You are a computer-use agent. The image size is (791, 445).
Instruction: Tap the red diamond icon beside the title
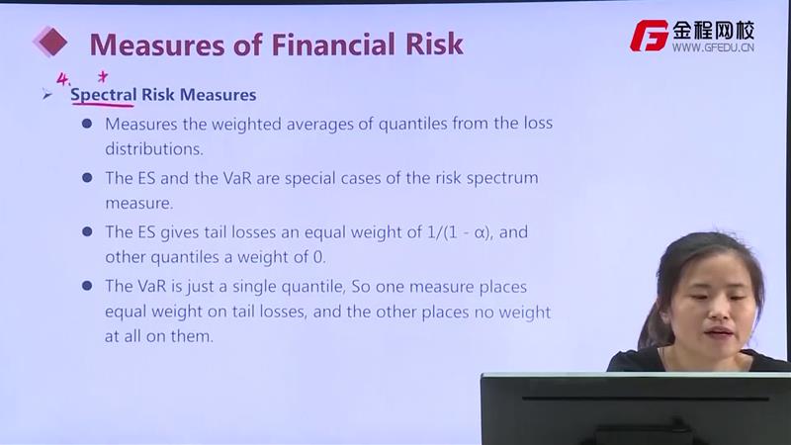pos(50,42)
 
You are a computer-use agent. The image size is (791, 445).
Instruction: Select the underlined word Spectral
pos(104,95)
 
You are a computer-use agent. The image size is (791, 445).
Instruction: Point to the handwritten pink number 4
pos(62,79)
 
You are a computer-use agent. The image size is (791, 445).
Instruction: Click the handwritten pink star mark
pos(103,76)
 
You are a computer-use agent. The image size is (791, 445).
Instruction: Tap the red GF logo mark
pos(649,36)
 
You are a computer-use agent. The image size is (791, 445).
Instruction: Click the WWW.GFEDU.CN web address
pos(713,47)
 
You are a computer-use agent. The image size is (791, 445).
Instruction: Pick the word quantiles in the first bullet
pos(412,124)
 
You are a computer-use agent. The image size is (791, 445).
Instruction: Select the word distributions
pos(154,149)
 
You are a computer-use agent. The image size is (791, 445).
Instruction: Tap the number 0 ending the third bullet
pos(318,257)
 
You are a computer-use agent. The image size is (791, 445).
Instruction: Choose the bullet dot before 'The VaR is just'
pos(87,286)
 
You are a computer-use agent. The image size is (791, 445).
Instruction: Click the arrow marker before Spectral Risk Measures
pos(47,94)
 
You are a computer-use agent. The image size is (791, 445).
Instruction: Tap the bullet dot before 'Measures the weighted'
pos(87,124)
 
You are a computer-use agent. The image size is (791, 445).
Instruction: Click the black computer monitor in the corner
pos(636,408)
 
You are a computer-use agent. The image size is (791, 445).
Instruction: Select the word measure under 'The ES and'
pos(138,204)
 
